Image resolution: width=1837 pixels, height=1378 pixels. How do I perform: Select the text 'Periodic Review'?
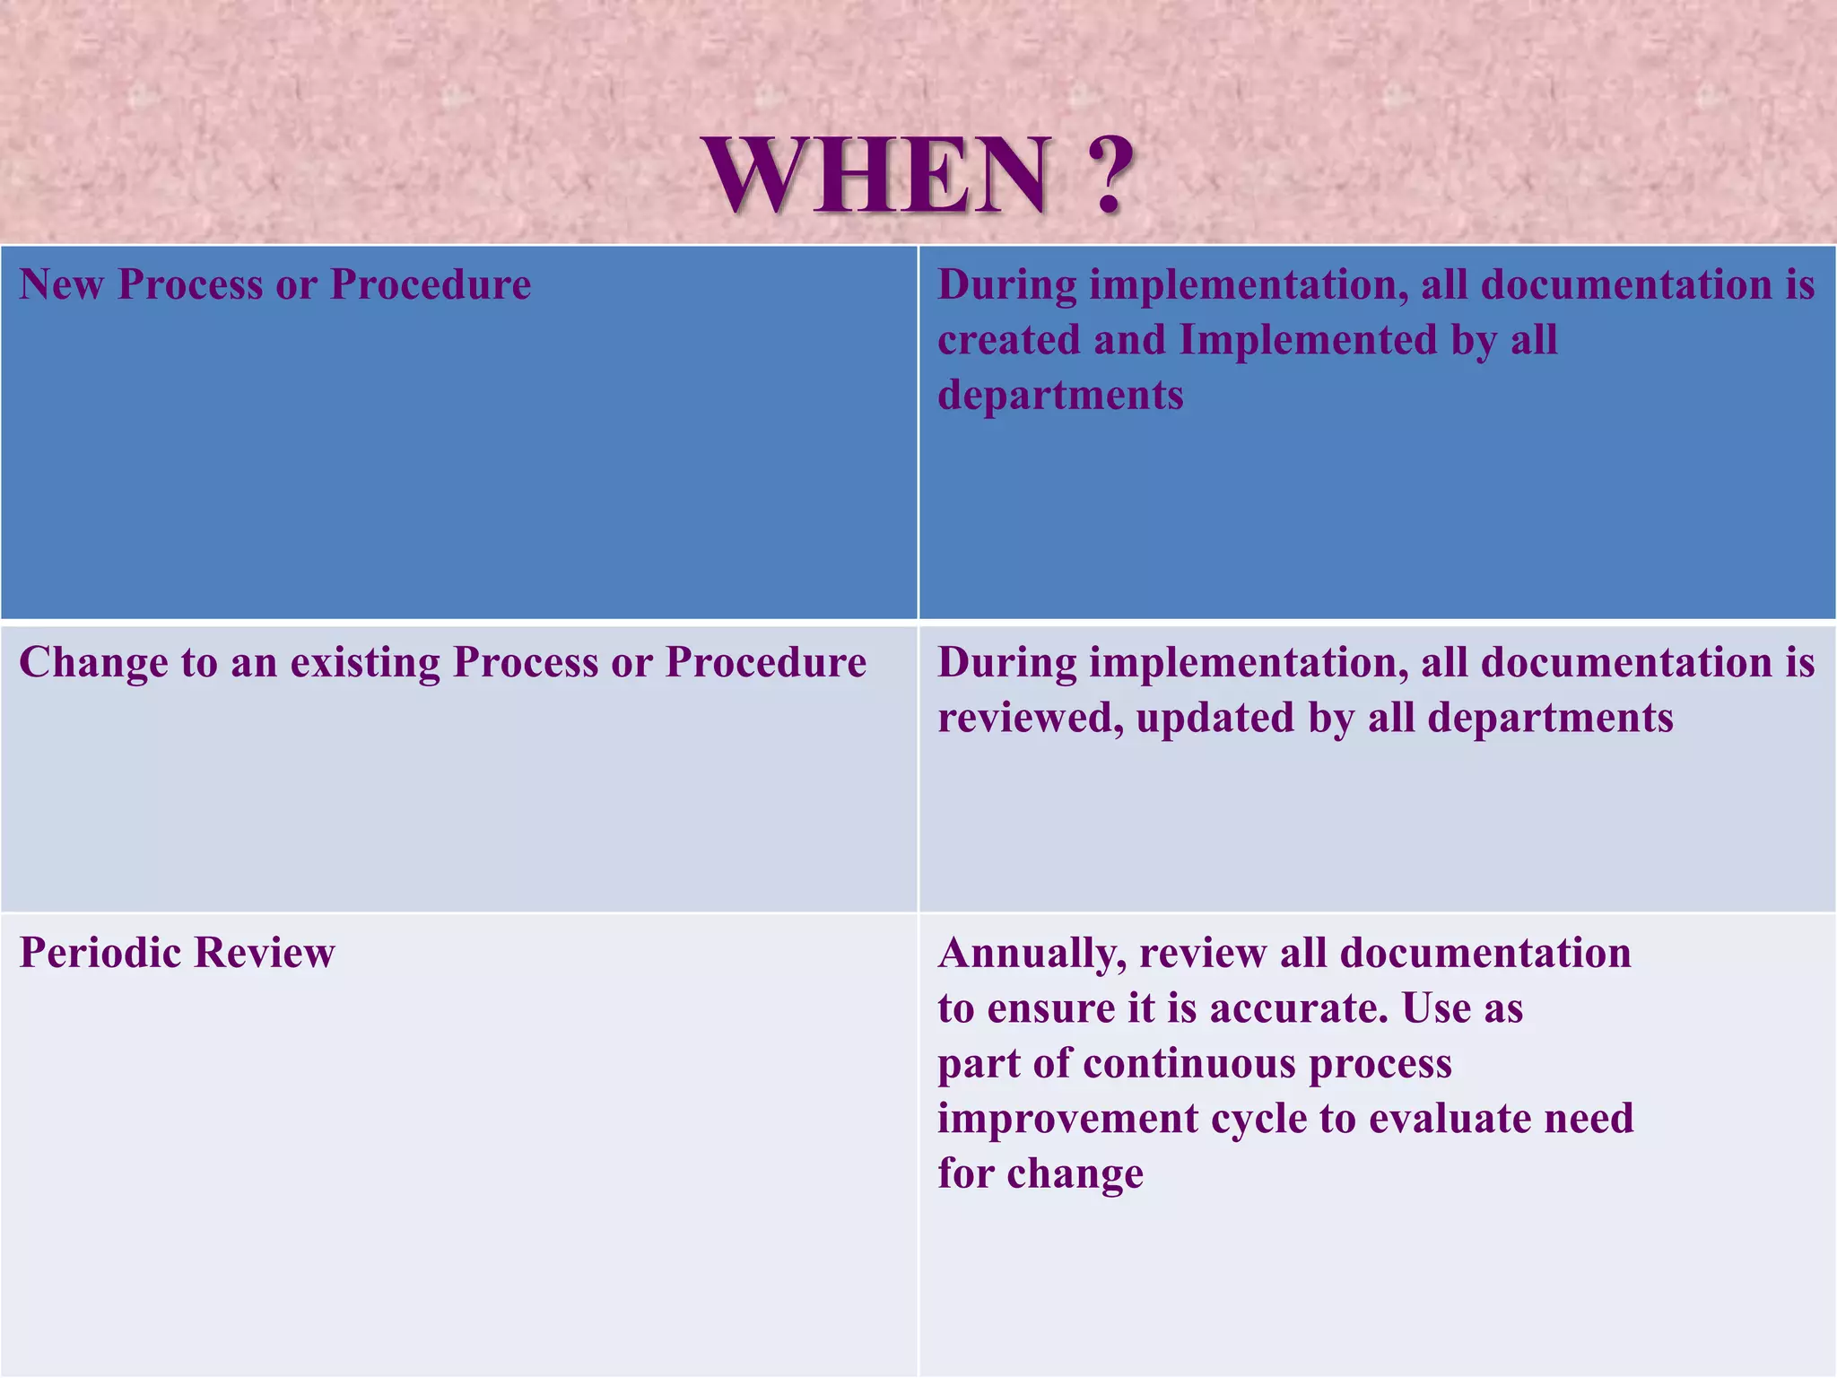(x=177, y=953)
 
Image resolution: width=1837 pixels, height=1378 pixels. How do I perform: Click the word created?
(x=1008, y=340)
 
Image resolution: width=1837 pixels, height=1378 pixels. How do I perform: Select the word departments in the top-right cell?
(x=1060, y=396)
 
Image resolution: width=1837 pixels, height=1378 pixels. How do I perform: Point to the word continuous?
(x=1188, y=1064)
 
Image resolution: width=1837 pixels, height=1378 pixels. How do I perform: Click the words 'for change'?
(x=1040, y=1173)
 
